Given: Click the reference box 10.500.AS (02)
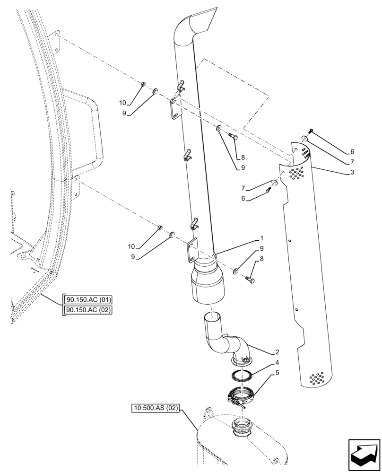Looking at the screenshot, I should [156, 408].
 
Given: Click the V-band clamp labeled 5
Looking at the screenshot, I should [242, 396].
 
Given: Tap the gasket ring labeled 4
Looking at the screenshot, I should [243, 376].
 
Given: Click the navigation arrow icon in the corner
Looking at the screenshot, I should [364, 455].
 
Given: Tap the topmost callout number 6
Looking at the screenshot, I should [352, 152].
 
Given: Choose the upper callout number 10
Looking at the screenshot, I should [122, 103].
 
